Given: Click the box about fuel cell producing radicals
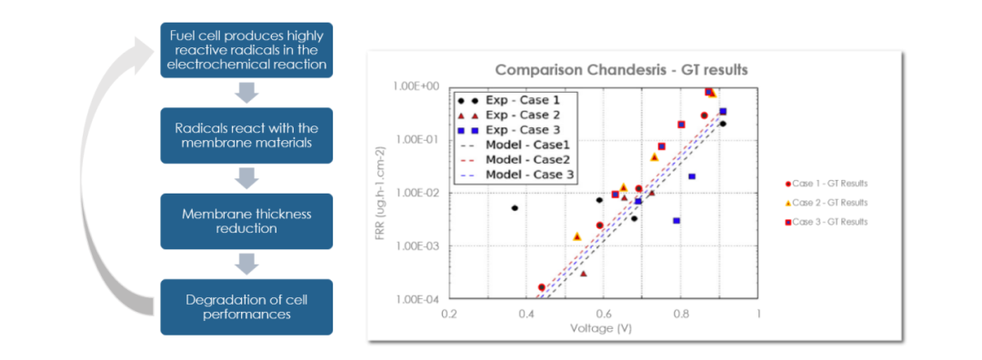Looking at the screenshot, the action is coord(246,50).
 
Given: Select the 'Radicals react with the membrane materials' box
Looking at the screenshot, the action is coord(246,135).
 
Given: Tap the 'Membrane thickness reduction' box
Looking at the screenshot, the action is coord(246,221).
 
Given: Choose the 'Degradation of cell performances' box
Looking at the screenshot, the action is coord(246,306).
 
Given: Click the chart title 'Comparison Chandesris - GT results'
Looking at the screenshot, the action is coord(621,69).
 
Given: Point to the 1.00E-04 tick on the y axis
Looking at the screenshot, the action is coord(419,299).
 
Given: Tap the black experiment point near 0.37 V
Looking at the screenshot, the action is coord(515,208).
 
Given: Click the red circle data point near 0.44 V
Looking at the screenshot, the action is coord(542,287).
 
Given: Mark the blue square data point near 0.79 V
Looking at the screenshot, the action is coord(676,220).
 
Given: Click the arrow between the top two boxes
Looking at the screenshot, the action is coord(246,93).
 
